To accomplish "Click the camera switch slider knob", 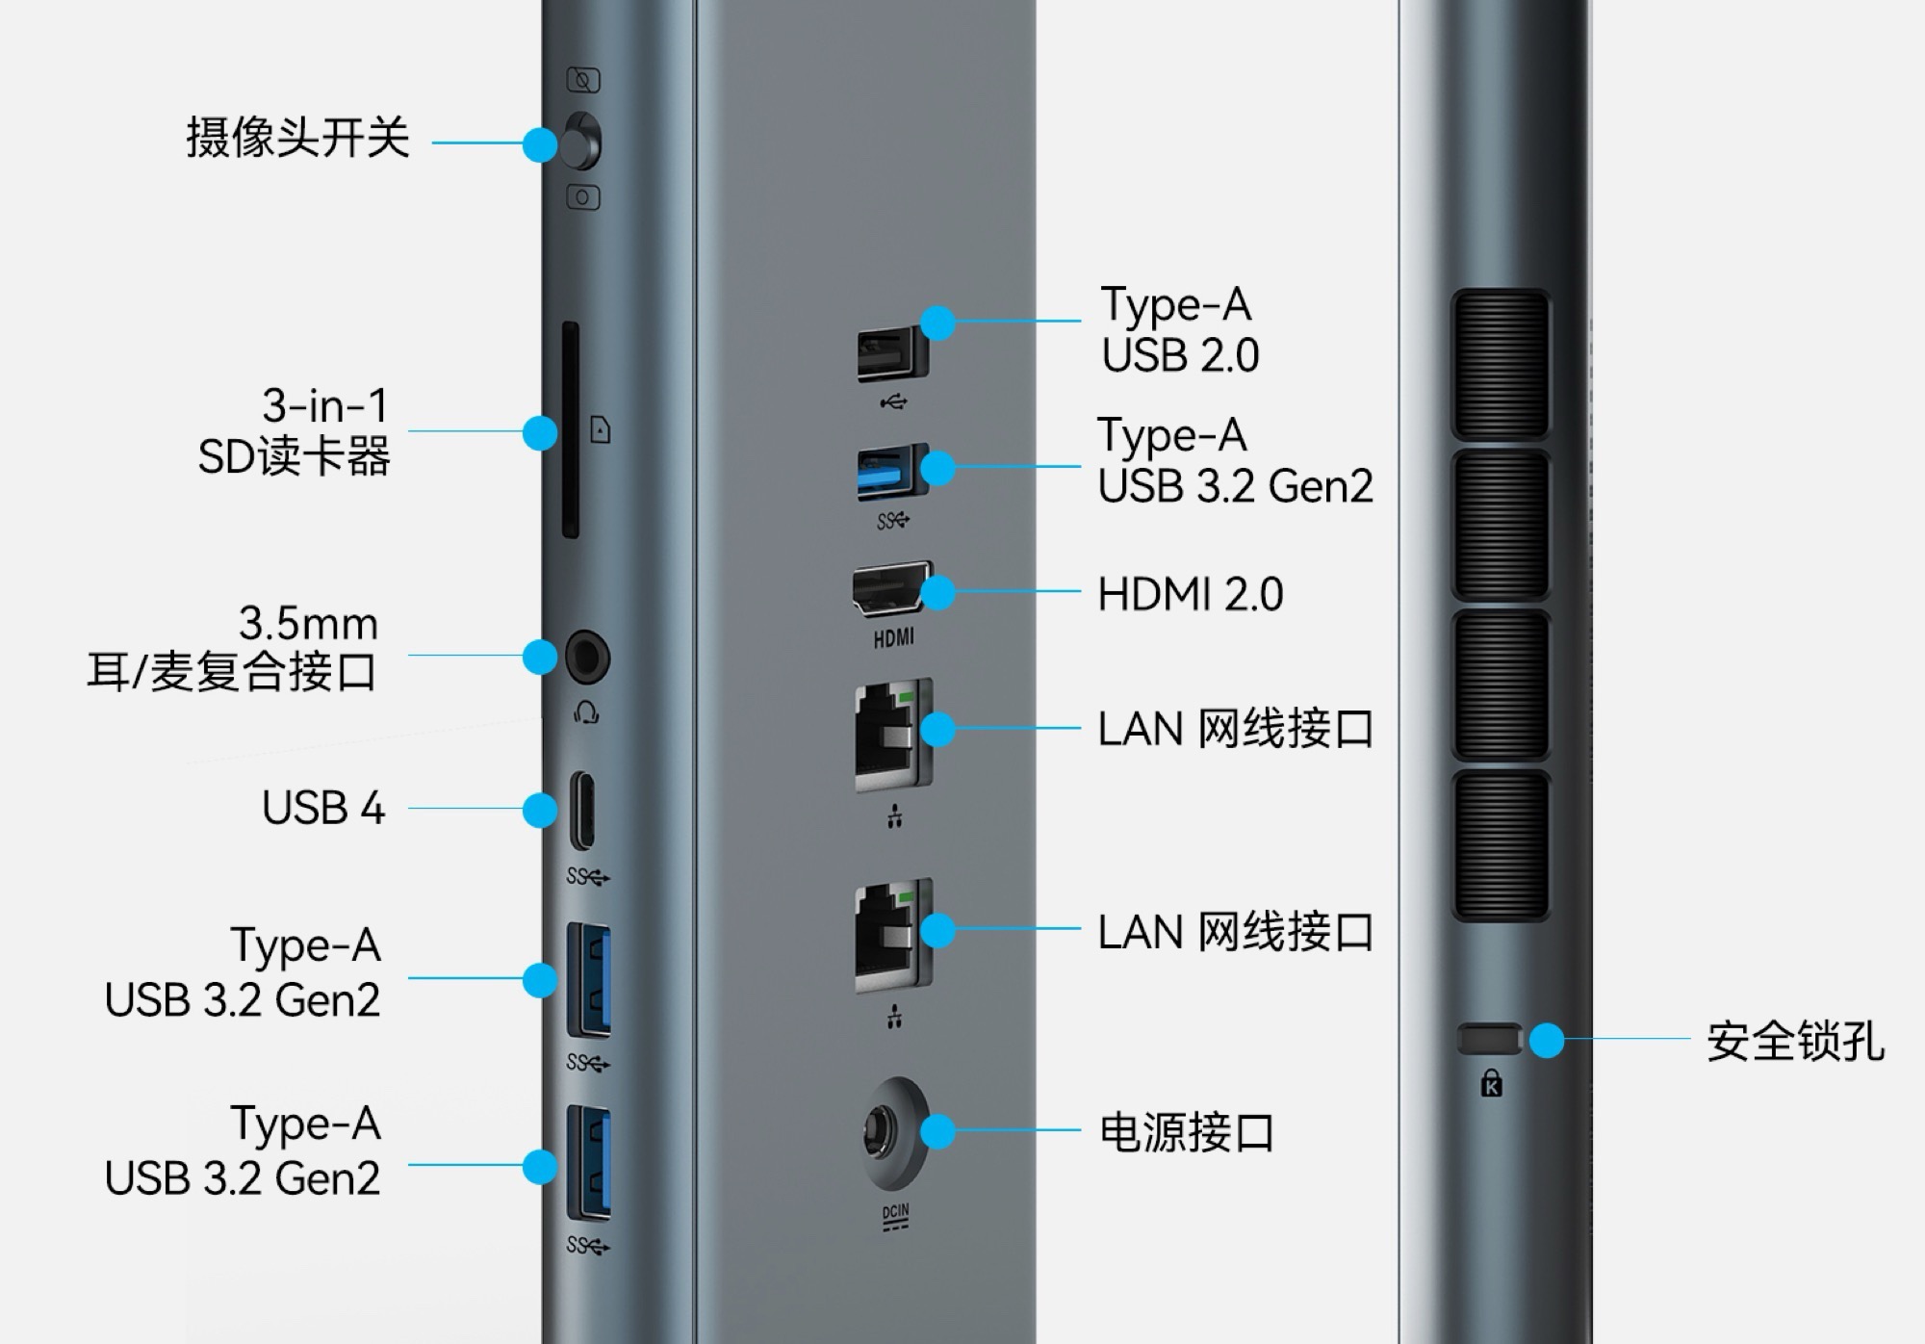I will [581, 142].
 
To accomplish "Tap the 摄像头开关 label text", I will [297, 138].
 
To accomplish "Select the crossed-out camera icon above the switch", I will [583, 80].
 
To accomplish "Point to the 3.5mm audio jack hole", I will [587, 659].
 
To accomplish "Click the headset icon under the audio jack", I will [586, 712].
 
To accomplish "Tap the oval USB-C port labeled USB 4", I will [582, 810].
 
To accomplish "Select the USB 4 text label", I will [323, 809].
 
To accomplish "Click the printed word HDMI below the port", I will [893, 637].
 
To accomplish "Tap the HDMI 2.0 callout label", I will [1191, 594].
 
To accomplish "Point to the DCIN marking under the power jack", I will [895, 1216].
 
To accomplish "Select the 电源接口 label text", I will [1187, 1132].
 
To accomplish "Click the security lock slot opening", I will [1488, 1039].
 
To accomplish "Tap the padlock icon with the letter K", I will [1491, 1083].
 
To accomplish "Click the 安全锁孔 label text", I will [1795, 1042].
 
